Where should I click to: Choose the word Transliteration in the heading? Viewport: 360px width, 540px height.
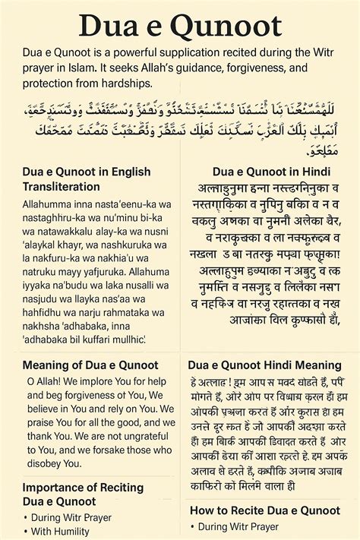coord(62,186)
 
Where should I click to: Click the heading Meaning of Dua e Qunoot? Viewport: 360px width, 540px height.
coord(90,365)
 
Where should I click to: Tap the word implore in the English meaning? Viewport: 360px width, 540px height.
coord(93,382)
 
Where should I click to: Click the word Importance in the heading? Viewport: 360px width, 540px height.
coord(52,487)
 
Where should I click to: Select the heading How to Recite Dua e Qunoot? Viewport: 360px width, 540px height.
coord(264,510)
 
